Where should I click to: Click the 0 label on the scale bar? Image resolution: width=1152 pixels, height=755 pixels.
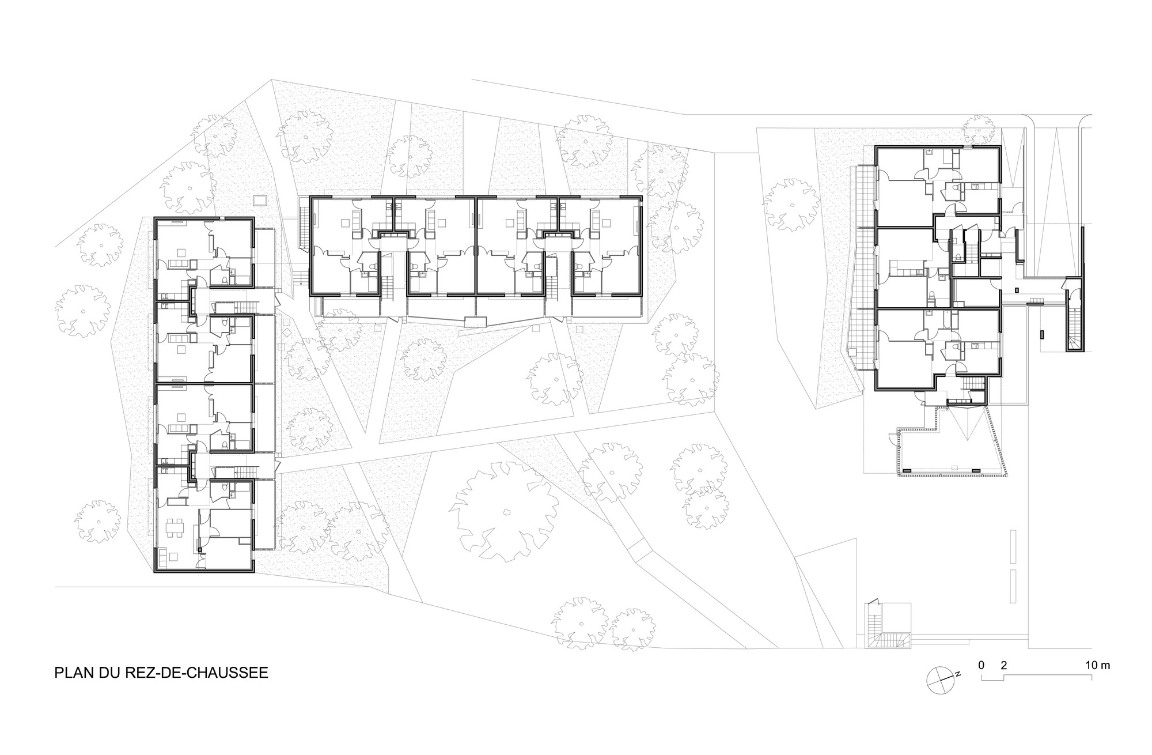tap(981, 665)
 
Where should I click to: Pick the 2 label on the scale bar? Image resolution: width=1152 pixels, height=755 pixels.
tap(1004, 665)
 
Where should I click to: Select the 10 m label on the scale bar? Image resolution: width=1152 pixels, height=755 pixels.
tap(1097, 665)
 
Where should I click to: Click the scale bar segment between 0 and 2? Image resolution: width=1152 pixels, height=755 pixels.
tap(992, 676)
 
